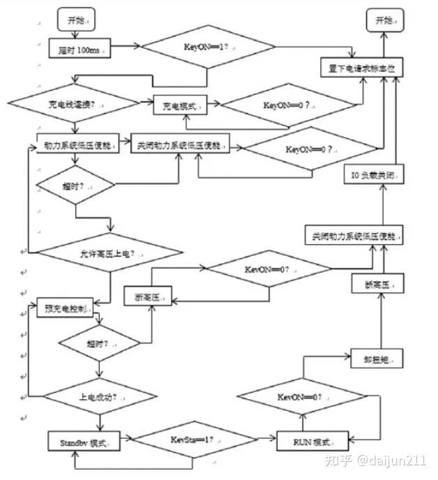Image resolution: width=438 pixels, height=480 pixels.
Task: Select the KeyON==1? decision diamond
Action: (209, 48)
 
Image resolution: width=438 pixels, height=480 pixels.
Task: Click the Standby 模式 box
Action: (82, 442)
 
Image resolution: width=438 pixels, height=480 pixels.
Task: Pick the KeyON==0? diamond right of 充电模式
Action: (289, 105)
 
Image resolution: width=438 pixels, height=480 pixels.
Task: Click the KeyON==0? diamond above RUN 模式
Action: (301, 396)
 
